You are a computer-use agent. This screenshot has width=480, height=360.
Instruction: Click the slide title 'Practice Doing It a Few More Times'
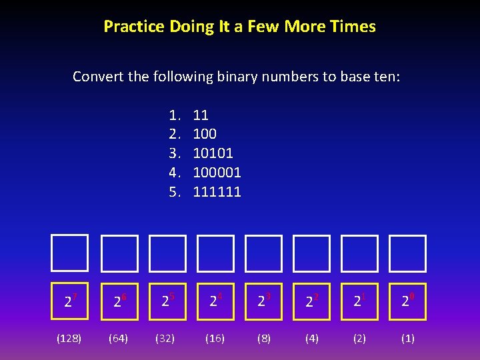(x=239, y=27)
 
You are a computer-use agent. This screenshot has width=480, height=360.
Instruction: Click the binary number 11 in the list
(x=201, y=115)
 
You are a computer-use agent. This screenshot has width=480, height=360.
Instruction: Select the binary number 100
(x=205, y=134)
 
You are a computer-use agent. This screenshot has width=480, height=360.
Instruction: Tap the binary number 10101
(x=213, y=153)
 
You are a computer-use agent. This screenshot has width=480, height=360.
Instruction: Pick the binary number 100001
(x=217, y=173)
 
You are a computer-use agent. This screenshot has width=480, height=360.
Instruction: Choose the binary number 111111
(x=217, y=192)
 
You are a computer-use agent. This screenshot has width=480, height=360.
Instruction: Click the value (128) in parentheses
(x=69, y=338)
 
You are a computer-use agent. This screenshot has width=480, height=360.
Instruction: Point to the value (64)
(x=119, y=338)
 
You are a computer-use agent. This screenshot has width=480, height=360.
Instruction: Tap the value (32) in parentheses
(x=165, y=338)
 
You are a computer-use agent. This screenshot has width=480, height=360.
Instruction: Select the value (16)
(x=215, y=338)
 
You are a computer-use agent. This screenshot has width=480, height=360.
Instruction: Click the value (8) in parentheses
(x=264, y=338)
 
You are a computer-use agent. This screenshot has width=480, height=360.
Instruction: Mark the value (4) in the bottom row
(x=311, y=338)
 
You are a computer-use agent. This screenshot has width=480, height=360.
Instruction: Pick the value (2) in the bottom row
(x=359, y=338)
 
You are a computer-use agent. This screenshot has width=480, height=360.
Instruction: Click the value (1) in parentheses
(x=407, y=338)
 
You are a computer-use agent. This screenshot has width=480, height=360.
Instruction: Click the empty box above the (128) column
(x=70, y=253)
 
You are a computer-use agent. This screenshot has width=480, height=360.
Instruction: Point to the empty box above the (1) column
(x=407, y=253)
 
